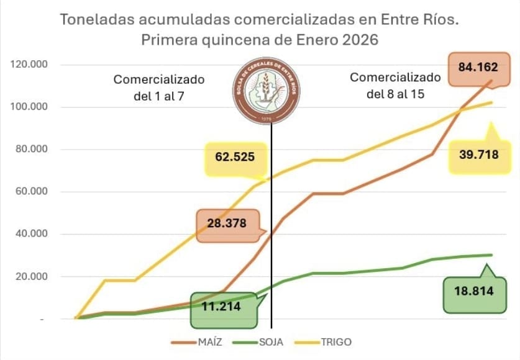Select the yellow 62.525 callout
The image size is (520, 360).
pos(235,157)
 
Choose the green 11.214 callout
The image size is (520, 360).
pos(222,307)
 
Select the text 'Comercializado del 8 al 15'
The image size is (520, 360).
pos(395,86)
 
